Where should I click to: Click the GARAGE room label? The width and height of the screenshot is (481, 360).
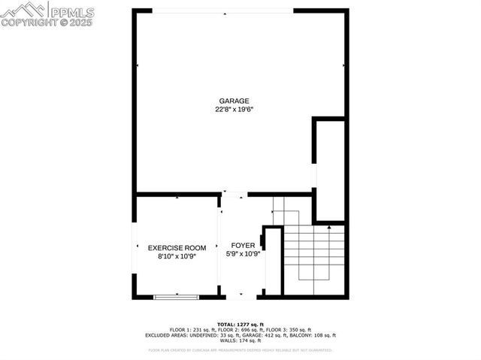(x=234, y=101)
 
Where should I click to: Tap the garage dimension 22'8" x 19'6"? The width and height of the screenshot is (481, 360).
(x=234, y=110)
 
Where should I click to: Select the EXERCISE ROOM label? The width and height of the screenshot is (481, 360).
(x=177, y=247)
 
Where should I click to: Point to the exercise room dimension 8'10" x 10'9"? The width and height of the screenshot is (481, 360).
(x=177, y=256)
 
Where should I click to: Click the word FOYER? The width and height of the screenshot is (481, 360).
(x=242, y=246)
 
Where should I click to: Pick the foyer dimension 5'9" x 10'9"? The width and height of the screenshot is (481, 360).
(x=242, y=254)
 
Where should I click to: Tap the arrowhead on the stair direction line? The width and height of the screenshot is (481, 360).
(x=314, y=280)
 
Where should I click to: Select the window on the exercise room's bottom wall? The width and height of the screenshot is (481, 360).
(x=177, y=297)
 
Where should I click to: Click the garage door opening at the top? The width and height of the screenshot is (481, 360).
(x=222, y=11)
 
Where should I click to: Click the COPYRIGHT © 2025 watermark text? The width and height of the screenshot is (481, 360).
(x=47, y=23)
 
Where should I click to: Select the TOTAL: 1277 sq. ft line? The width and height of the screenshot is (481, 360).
(x=240, y=323)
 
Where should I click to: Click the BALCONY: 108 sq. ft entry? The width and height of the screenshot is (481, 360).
(x=316, y=335)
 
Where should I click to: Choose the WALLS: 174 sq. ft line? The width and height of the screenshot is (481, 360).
(x=240, y=341)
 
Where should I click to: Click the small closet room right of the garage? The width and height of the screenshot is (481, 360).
(x=330, y=168)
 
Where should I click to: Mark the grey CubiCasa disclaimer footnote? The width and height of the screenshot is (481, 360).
(x=240, y=350)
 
